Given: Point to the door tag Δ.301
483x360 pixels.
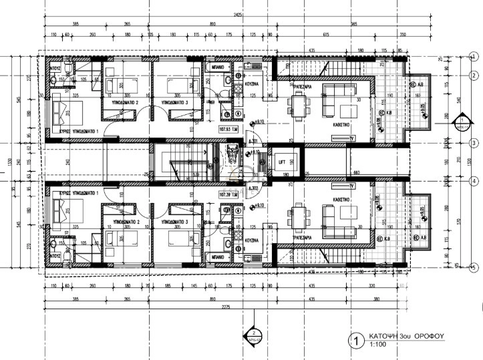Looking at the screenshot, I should [x=253, y=141].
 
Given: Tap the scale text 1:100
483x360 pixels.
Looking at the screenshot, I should [x=378, y=345].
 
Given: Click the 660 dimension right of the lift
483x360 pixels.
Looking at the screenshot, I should [x=357, y=172].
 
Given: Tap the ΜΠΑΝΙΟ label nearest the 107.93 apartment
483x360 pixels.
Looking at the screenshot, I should [x=216, y=68].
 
